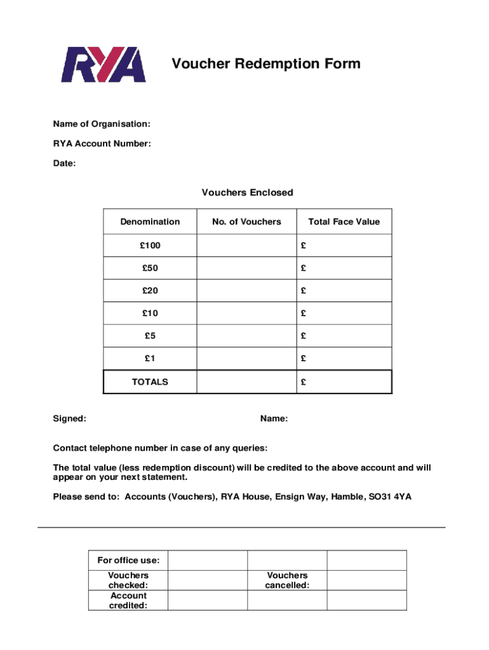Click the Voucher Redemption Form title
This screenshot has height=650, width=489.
pyautogui.click(x=265, y=63)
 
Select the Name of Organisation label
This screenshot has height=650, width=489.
pyautogui.click(x=102, y=123)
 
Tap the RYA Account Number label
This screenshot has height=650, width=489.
pyautogui.click(x=102, y=143)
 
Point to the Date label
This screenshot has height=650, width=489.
pyautogui.click(x=64, y=164)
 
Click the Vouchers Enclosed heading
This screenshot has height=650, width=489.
pyautogui.click(x=247, y=192)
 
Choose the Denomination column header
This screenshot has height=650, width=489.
pyautogui.click(x=150, y=222)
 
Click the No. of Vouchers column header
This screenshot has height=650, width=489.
pyautogui.click(x=246, y=222)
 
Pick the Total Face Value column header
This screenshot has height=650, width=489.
pyautogui.click(x=344, y=222)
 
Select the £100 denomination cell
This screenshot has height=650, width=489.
pyautogui.click(x=150, y=245)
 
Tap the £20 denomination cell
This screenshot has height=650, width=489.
pyautogui.click(x=150, y=291)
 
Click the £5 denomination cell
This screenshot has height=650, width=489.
pyautogui.click(x=150, y=336)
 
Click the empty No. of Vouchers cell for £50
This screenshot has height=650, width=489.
pyautogui.click(x=246, y=268)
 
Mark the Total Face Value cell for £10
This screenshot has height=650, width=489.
pyautogui.click(x=344, y=313)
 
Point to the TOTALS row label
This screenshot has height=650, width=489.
pyautogui.click(x=150, y=381)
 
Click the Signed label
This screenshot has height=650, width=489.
pyautogui.click(x=70, y=419)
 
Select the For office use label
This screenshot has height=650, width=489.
pyautogui.click(x=128, y=560)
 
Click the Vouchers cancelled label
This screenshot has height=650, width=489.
pyautogui.click(x=287, y=580)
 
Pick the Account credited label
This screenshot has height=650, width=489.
pyautogui.click(x=128, y=600)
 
